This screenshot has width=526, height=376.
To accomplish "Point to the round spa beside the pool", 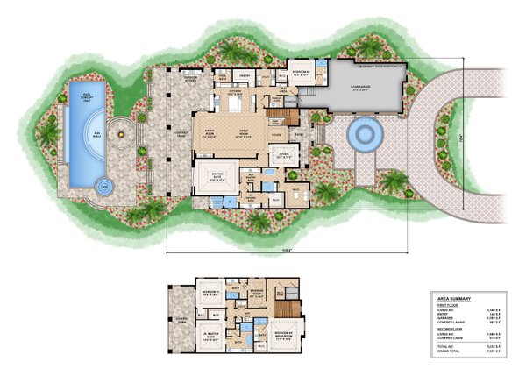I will [103, 185].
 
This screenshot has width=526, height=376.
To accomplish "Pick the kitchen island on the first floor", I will [235, 103].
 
